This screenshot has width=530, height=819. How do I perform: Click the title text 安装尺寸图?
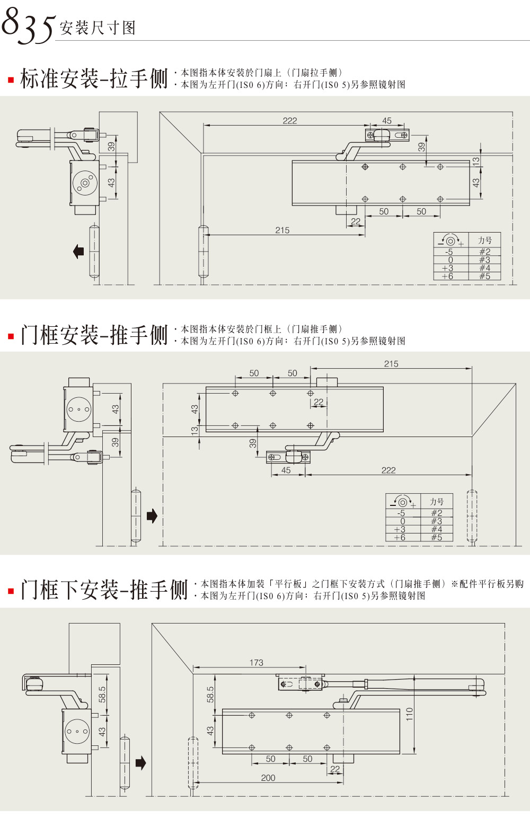[98, 28]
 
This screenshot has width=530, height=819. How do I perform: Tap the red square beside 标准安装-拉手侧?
[10, 81]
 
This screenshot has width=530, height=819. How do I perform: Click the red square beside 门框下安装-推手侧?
[11, 591]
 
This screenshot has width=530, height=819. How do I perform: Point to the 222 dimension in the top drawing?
[289, 121]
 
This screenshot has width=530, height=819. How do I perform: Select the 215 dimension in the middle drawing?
[391, 364]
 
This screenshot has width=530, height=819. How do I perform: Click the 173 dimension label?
[256, 663]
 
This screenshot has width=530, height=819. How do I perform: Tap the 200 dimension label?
[268, 778]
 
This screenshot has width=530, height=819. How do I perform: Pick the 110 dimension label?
[409, 714]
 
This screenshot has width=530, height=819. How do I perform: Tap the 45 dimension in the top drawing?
[387, 121]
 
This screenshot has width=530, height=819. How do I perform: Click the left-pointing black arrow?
[78, 251]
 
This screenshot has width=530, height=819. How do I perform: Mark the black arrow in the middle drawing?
[152, 515]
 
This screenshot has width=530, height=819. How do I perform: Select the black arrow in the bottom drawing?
[140, 763]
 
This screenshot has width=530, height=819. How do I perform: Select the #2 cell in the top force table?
[484, 252]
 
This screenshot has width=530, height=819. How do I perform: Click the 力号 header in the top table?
[484, 240]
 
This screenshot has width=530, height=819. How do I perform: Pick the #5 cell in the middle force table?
[436, 537]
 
